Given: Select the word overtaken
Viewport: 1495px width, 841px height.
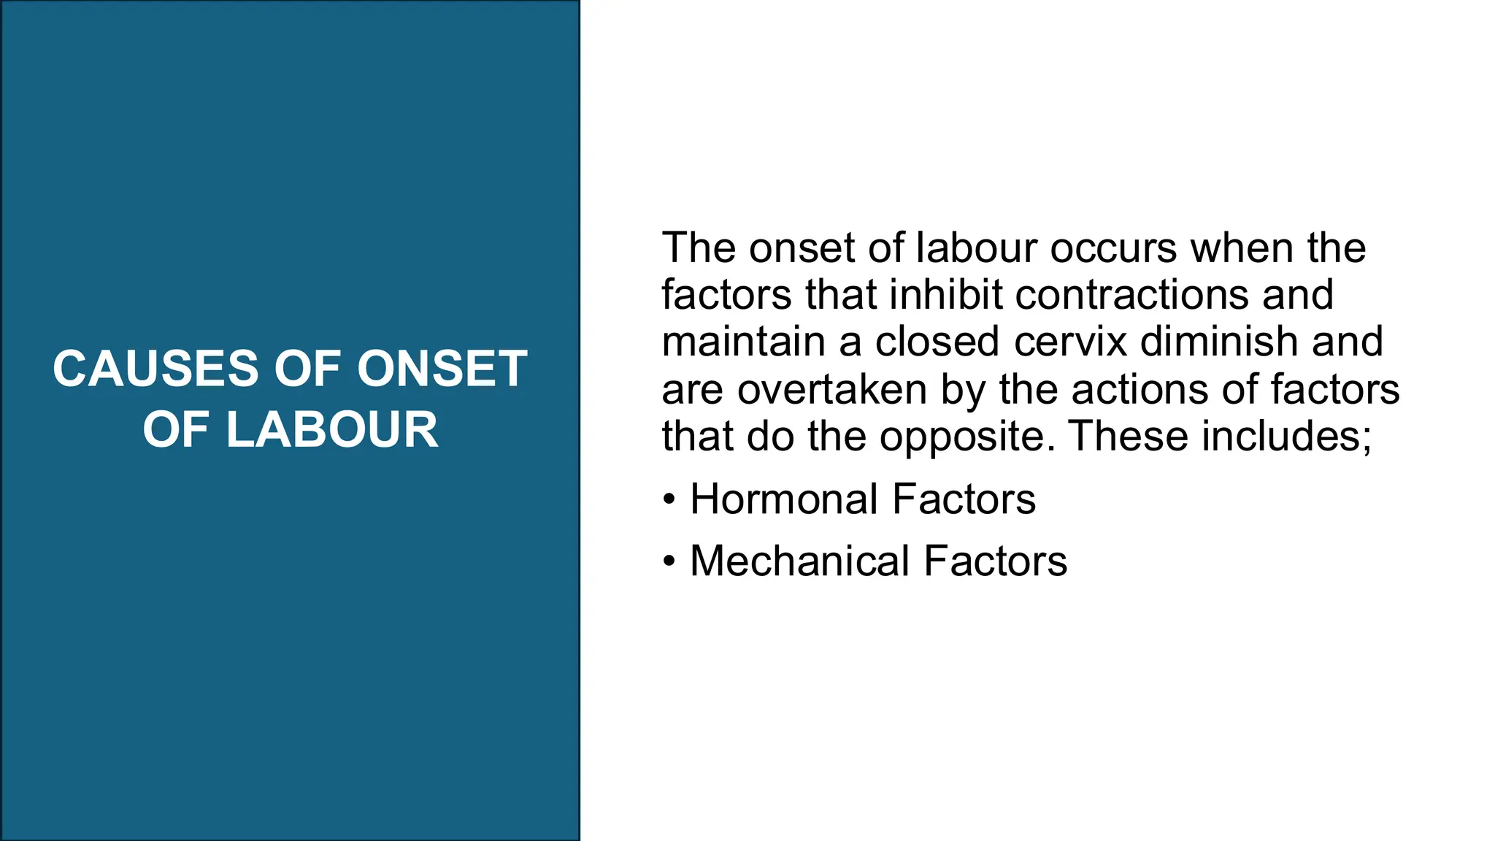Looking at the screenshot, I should click(832, 389).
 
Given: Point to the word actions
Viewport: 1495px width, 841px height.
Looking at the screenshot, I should click(1139, 389).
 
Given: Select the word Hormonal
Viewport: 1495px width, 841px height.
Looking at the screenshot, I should click(784, 499).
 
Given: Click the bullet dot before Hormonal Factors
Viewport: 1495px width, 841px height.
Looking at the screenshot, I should click(669, 501).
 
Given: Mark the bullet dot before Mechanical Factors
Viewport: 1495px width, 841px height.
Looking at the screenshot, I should click(669, 562).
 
